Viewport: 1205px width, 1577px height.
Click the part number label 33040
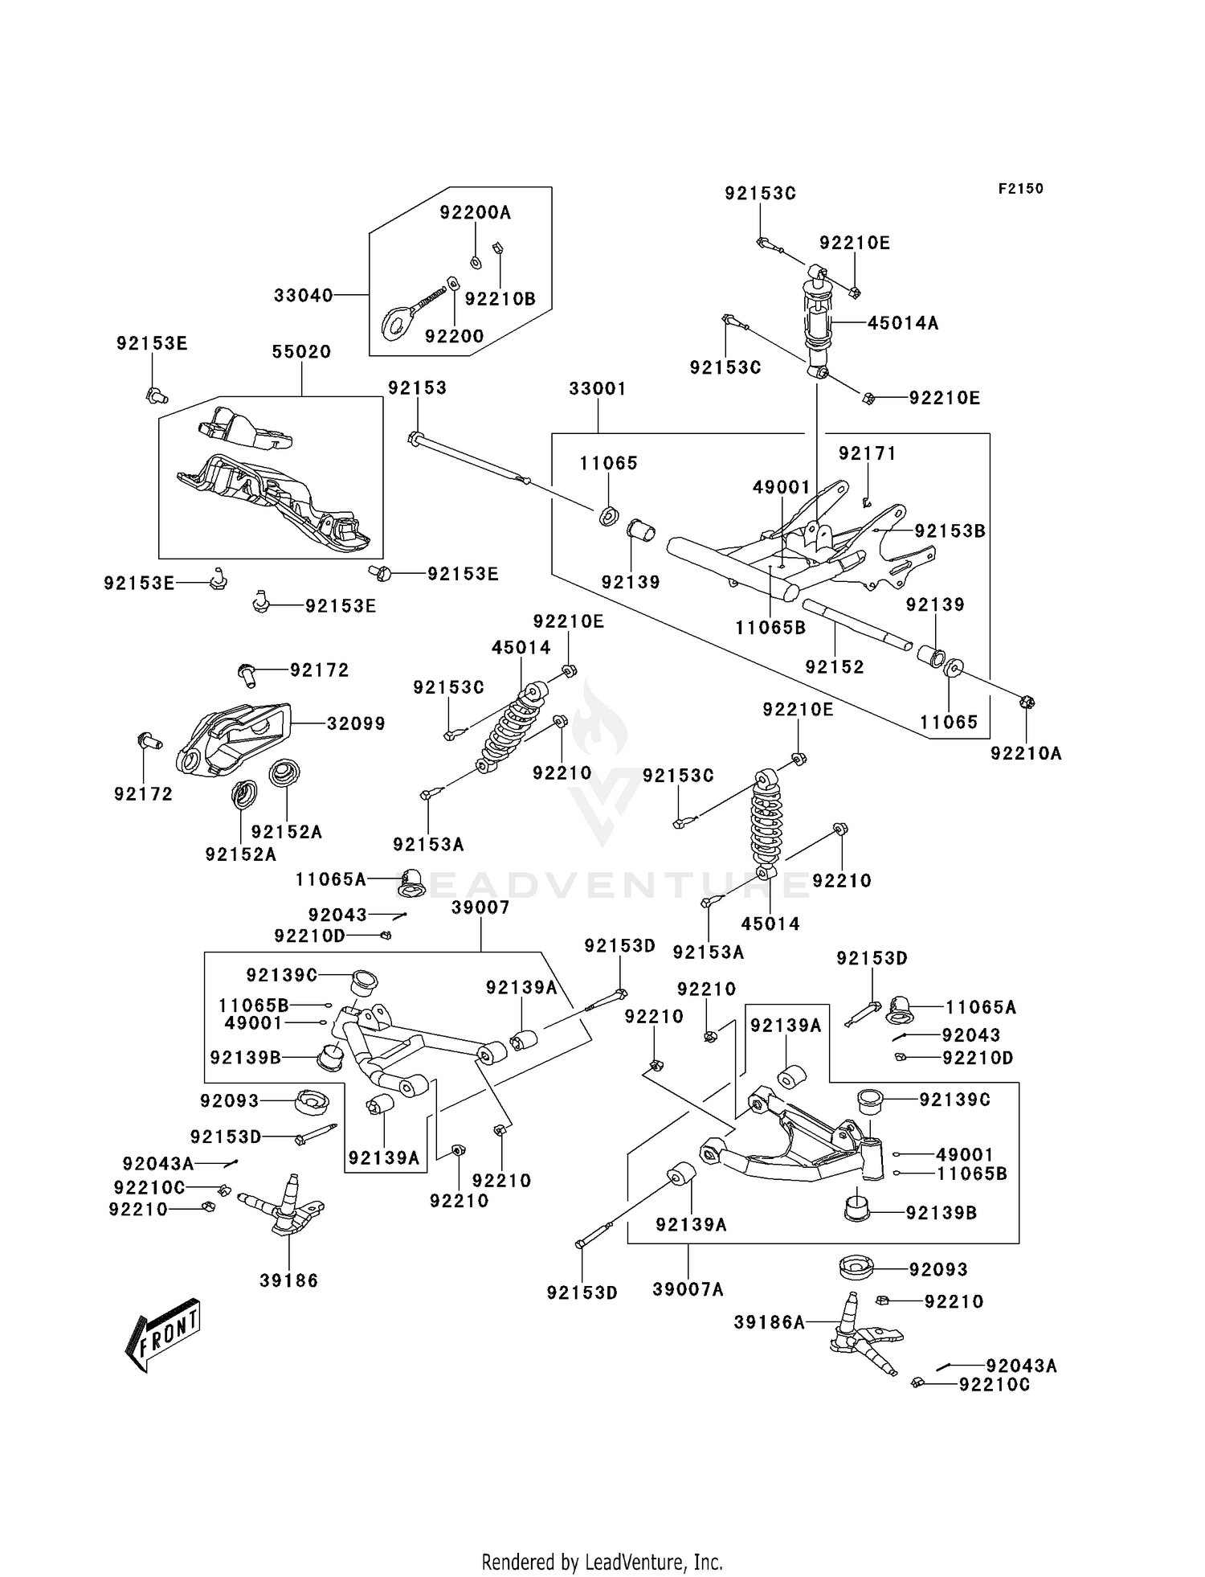coord(303,296)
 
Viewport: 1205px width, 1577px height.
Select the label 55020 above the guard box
coord(301,352)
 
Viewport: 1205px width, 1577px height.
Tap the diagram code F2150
coord(1020,189)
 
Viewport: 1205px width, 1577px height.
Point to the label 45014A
coord(903,323)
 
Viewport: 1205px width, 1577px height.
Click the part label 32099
coord(356,723)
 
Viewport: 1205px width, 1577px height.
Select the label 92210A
coord(1026,753)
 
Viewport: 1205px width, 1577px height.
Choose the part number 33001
coord(598,389)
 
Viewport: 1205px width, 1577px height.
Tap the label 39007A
coord(688,1289)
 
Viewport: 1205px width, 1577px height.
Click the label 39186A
coord(769,1322)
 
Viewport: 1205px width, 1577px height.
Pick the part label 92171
coord(868,454)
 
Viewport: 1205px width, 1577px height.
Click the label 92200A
coord(475,213)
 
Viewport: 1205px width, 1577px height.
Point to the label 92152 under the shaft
coord(835,666)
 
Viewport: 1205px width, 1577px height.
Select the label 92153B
coord(950,531)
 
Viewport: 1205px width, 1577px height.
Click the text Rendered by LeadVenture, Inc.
coord(602,1539)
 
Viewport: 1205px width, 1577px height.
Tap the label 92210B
coord(500,299)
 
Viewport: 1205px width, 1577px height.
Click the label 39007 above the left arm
coord(480,907)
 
